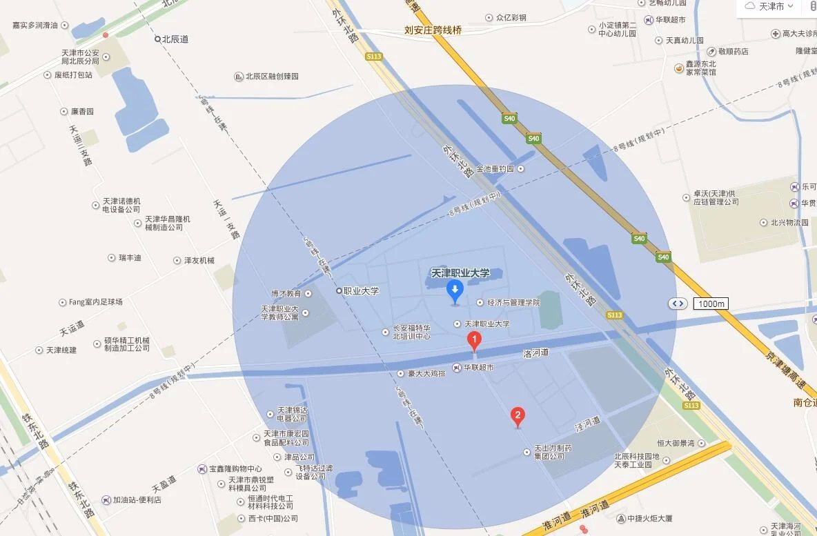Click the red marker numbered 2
click(x=518, y=415)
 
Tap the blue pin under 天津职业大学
click(x=454, y=290)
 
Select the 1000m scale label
click(x=711, y=304)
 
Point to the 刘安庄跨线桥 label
click(x=433, y=30)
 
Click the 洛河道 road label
click(x=535, y=353)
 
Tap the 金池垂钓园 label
click(x=495, y=168)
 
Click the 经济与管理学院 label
click(x=513, y=302)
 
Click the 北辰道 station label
click(x=175, y=39)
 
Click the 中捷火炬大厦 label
click(x=649, y=518)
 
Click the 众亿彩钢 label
click(x=511, y=17)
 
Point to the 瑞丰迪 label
click(x=129, y=257)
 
